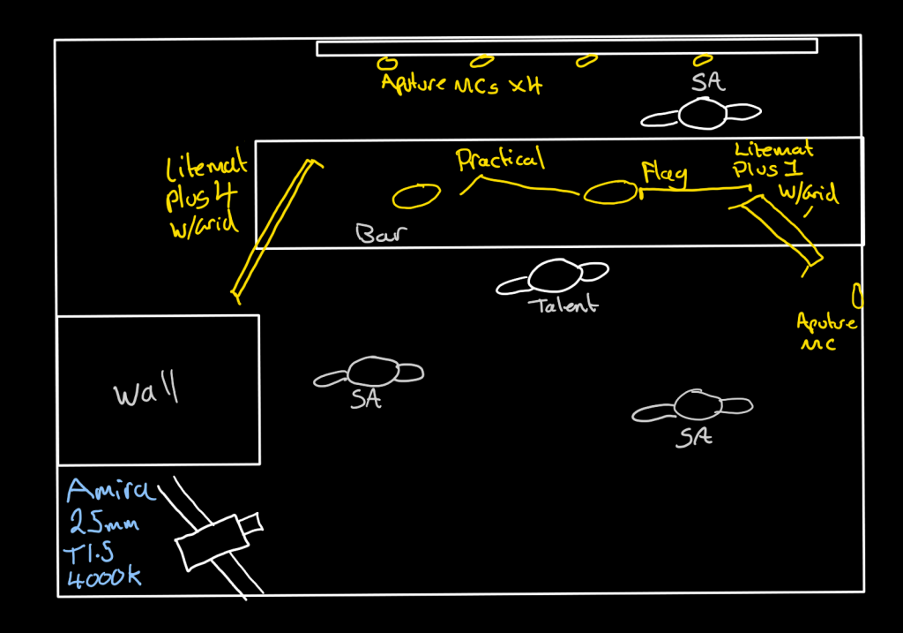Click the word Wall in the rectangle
146,391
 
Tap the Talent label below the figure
563,306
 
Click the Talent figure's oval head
553,275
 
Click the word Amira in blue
110,490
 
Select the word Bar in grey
379,234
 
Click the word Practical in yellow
500,160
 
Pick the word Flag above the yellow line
664,172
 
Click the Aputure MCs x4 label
461,85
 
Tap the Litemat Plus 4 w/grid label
204,195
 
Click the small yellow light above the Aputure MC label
856,294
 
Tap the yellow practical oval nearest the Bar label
415,196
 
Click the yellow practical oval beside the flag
609,192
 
